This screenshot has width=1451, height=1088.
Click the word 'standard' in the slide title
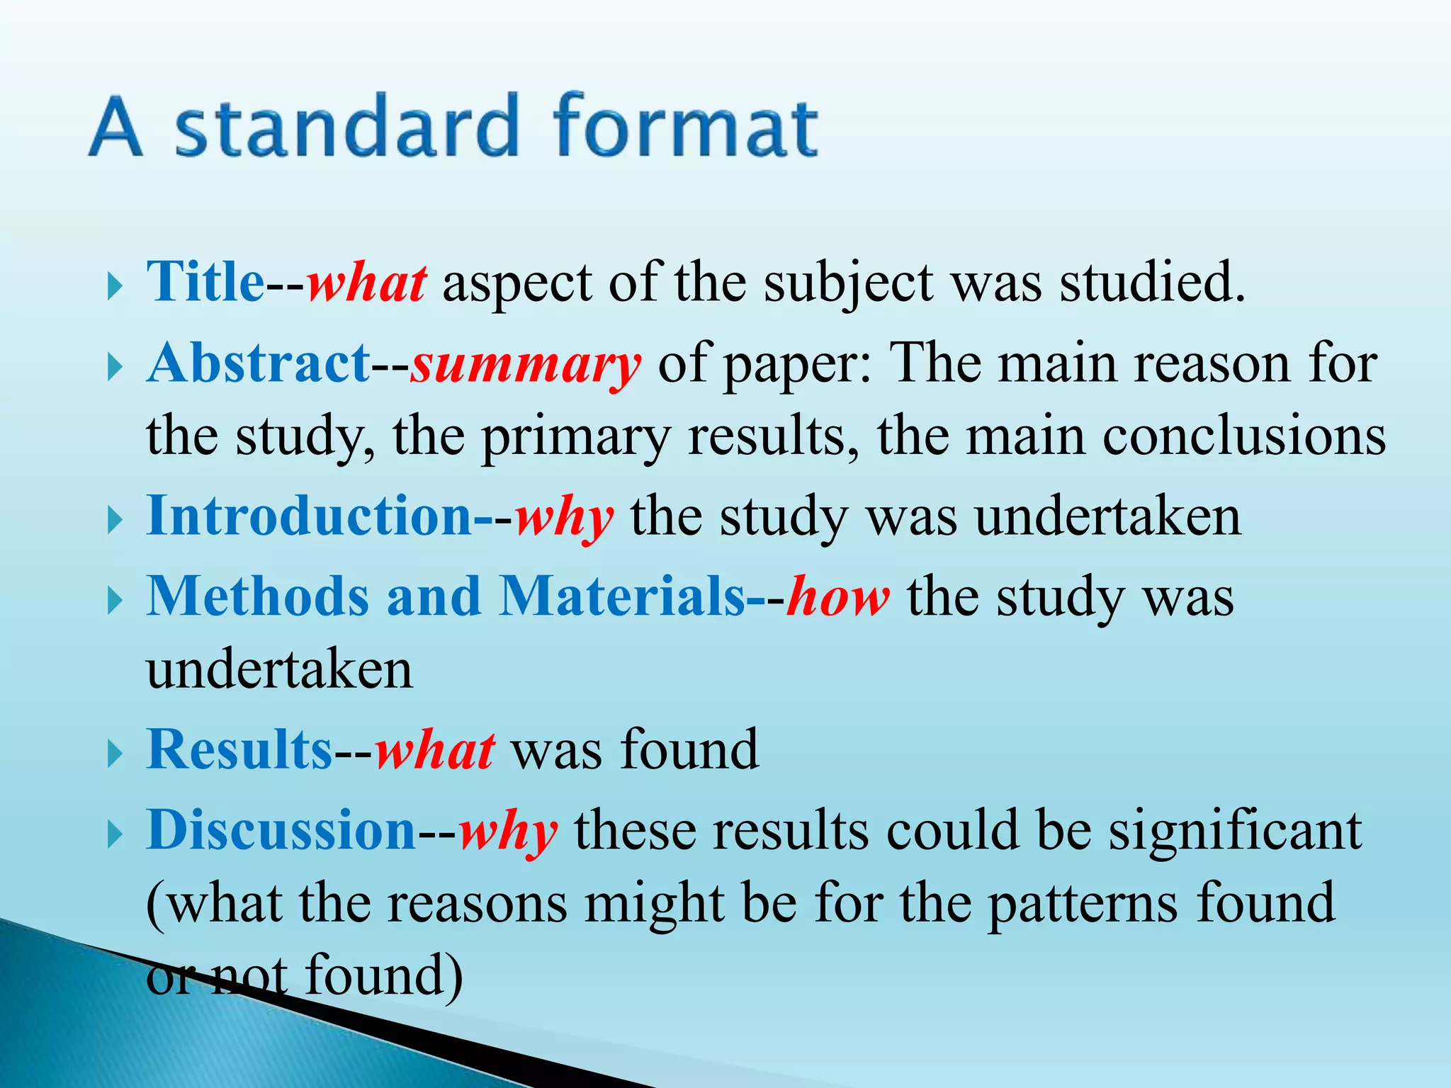click(347, 127)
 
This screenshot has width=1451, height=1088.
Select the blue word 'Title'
click(205, 282)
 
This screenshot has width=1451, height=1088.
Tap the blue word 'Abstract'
click(259, 363)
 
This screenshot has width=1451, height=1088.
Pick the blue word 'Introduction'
click(309, 516)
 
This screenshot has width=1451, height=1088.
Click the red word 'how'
click(837, 596)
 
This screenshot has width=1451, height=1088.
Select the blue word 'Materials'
click(622, 596)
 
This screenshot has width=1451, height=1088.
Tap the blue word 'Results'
click(239, 749)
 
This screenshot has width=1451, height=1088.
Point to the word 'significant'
click(1235, 830)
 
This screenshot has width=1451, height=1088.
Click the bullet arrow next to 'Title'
click(115, 287)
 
